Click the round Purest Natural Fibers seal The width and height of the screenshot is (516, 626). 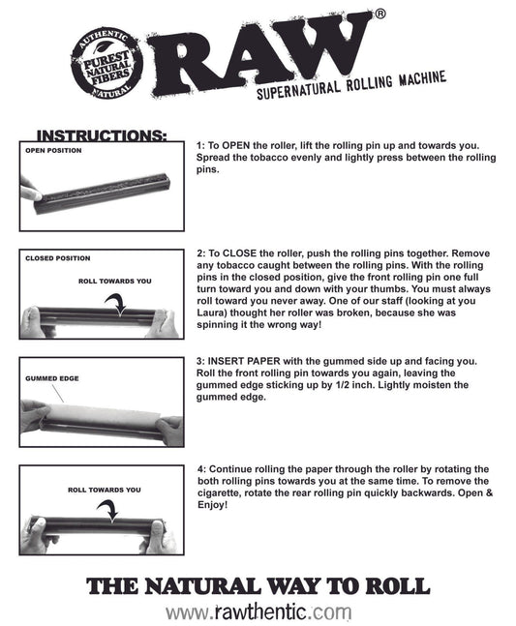point(107,64)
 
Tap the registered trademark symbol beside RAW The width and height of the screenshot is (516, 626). point(380,14)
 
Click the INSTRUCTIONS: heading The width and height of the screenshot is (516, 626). point(102,135)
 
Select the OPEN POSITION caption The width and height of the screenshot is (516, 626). point(53,151)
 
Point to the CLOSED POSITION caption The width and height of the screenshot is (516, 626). point(58,258)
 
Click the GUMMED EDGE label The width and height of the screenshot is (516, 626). point(52,378)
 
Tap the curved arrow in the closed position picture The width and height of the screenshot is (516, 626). point(115,305)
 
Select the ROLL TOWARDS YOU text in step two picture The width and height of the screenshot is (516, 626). point(115,281)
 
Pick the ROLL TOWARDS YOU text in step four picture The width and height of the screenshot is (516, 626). point(105,490)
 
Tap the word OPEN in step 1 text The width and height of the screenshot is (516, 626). point(234,145)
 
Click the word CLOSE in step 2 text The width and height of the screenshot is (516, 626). point(240,253)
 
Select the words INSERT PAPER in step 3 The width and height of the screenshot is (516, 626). point(244,361)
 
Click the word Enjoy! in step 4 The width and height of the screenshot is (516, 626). point(212,505)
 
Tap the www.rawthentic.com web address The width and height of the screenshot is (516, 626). point(258,611)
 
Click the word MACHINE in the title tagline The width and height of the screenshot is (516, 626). point(422,78)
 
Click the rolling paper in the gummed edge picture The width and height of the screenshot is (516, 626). point(104,414)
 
